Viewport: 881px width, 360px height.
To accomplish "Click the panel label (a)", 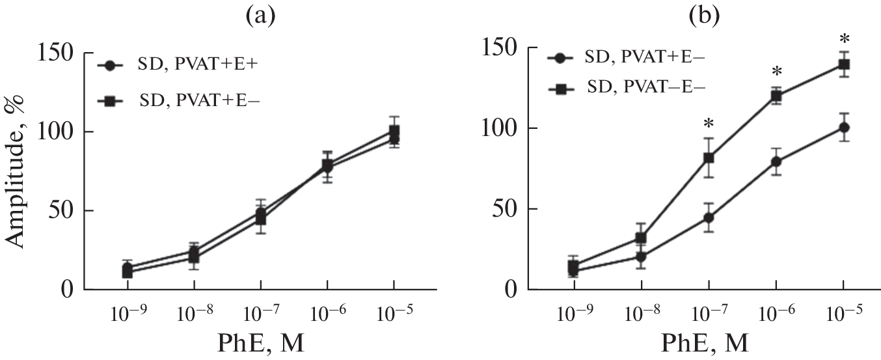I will (260, 15).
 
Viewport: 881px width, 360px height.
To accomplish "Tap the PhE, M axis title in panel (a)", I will (260, 342).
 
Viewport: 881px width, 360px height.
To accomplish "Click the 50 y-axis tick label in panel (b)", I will (502, 210).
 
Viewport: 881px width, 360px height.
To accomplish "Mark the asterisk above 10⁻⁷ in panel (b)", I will (709, 124).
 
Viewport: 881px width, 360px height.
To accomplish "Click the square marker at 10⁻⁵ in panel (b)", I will (843, 64).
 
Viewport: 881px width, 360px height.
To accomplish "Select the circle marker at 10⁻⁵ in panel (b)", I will (843, 128).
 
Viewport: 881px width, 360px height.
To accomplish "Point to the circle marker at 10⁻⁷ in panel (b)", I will (709, 217).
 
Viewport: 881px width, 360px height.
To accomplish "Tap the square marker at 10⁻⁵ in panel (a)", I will (394, 131).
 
